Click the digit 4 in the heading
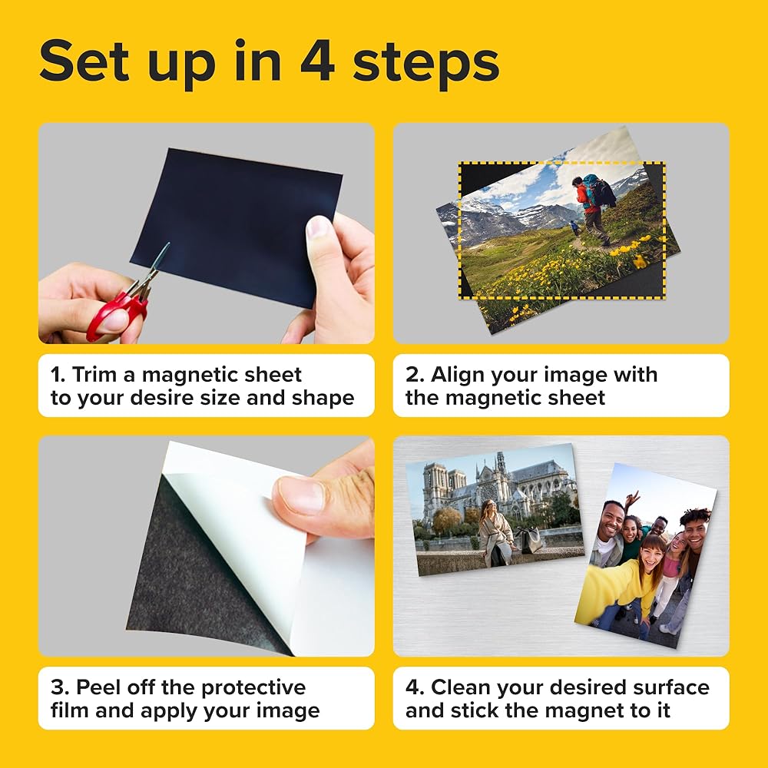317,61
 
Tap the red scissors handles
118,313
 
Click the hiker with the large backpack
594,209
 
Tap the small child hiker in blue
574,228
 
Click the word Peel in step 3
99,687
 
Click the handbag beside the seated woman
530,540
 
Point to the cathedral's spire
501,463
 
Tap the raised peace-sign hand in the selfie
632,500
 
